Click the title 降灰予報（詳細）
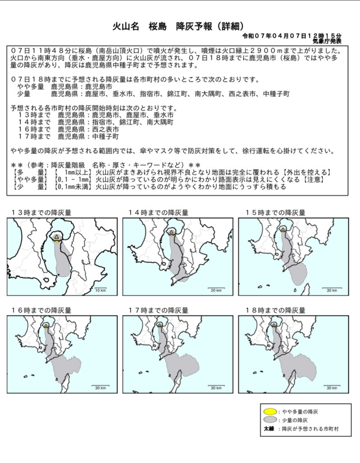click(x=213, y=26)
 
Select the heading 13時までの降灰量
click(x=41, y=213)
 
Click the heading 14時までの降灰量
click(x=158, y=213)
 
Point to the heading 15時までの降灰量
click(x=275, y=213)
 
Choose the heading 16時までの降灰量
click(x=41, y=311)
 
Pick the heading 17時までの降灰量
click(x=158, y=311)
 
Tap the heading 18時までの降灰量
click(x=275, y=311)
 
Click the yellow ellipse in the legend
click(x=271, y=411)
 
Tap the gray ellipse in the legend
click(x=271, y=420)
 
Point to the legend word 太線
click(x=269, y=428)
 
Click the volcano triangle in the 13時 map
click(x=56, y=236)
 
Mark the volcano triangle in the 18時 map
click(x=273, y=325)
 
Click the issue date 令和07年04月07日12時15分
click(x=292, y=35)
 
